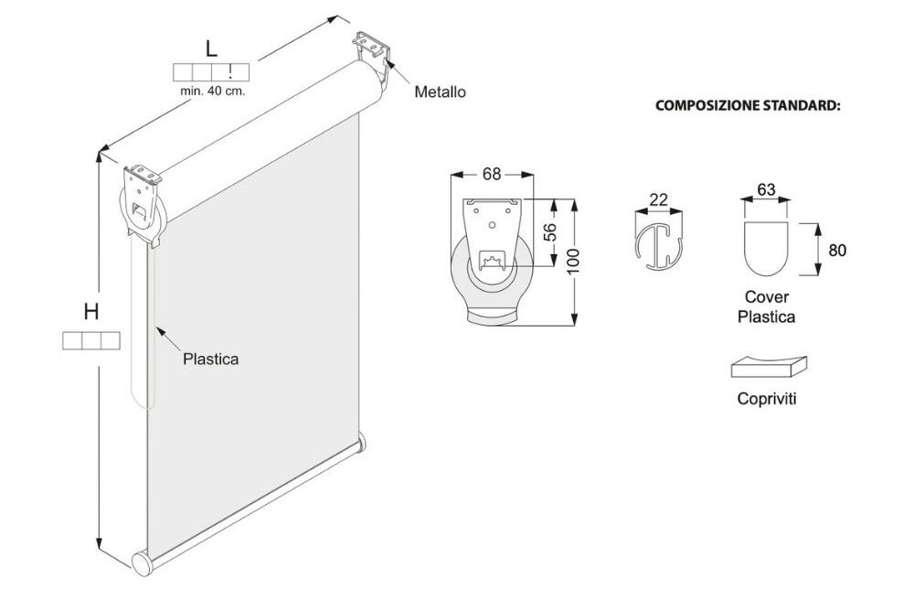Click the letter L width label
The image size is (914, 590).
[x=211, y=48]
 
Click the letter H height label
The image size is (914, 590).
[x=90, y=312]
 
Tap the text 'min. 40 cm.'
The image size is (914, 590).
[x=213, y=91]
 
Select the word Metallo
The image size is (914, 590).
[x=441, y=92]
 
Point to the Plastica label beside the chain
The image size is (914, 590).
[x=210, y=359]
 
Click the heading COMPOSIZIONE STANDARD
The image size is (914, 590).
[x=748, y=105]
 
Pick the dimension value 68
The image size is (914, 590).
[x=492, y=174]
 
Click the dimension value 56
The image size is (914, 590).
[x=550, y=231]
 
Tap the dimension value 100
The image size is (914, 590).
[x=573, y=262]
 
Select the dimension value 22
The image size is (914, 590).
[x=658, y=199]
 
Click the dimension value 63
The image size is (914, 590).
[x=766, y=189]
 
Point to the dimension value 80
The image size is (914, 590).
[x=837, y=250]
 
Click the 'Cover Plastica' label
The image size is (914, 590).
[x=767, y=307]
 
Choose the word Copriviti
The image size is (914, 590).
[x=767, y=399]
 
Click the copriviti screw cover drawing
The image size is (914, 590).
[x=769, y=367]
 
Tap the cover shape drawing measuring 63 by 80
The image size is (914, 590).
[x=767, y=249]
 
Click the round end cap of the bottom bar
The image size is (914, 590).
[x=141, y=564]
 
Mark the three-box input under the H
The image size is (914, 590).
[x=90, y=340]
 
